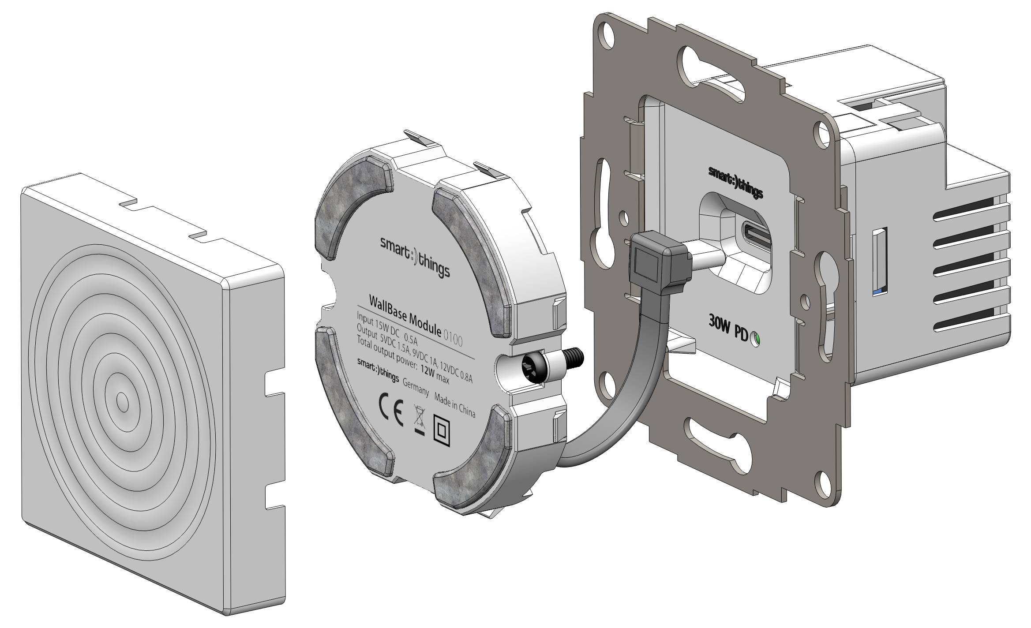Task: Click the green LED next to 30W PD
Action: pos(756,339)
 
